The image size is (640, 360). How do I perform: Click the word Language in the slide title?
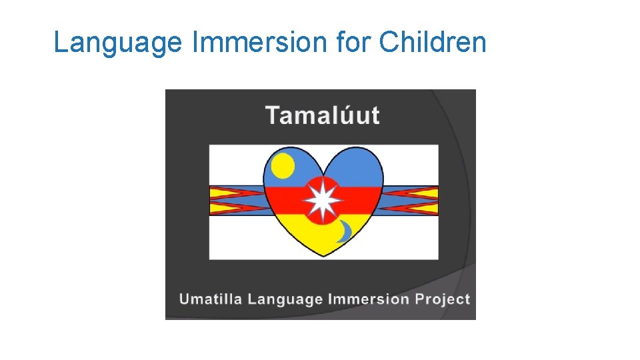pyautogui.click(x=117, y=43)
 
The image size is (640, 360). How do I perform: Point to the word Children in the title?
pyautogui.click(x=433, y=43)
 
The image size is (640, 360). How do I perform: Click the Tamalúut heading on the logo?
pyautogui.click(x=323, y=115)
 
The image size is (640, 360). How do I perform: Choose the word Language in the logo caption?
pyautogui.click(x=286, y=299)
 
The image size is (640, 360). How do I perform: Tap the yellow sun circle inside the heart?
pyautogui.click(x=283, y=165)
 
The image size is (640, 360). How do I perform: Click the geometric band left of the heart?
pyautogui.click(x=237, y=201)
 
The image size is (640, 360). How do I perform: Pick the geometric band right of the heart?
pyautogui.click(x=410, y=201)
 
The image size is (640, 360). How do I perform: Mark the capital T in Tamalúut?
pyautogui.click(x=272, y=115)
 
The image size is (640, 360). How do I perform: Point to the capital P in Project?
pyautogui.click(x=420, y=299)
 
